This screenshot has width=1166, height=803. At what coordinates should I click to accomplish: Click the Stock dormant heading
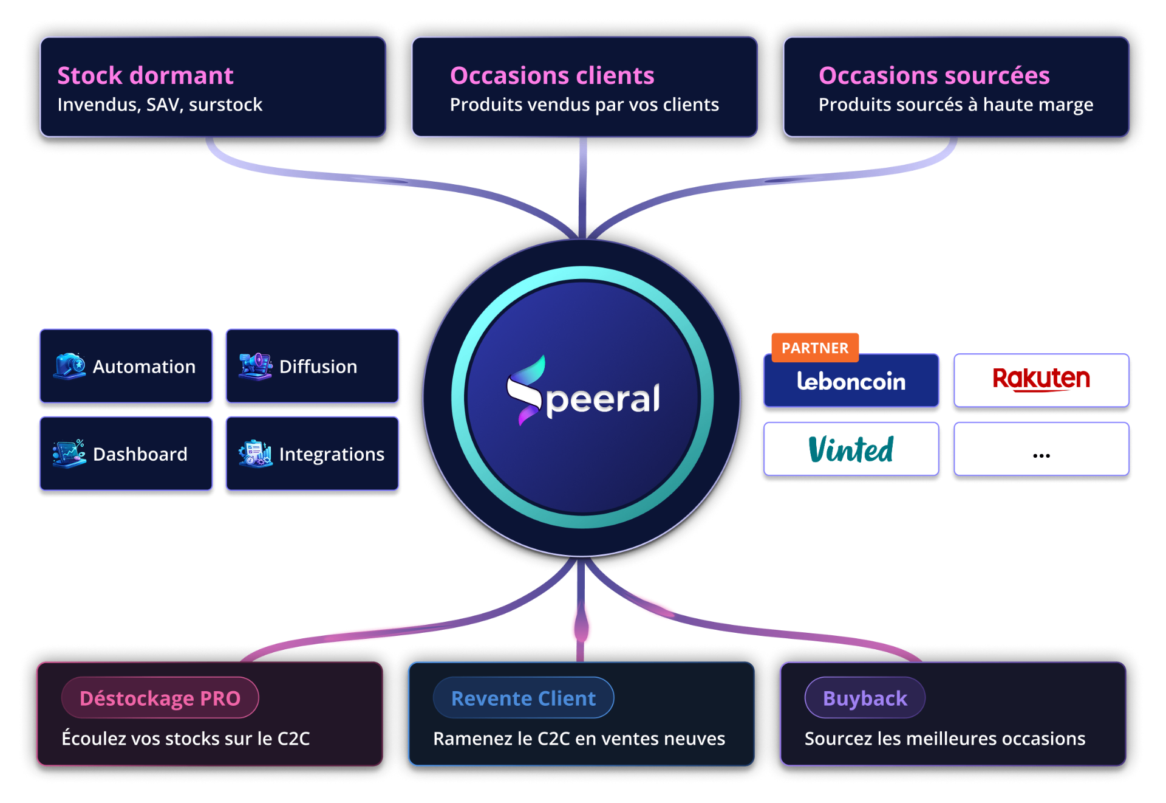pos(145,76)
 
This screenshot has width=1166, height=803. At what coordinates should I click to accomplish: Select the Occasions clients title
pos(551,76)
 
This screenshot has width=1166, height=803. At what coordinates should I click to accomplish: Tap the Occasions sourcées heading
pos(933,76)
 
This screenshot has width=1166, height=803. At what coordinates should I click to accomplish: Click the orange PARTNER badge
pos(814,348)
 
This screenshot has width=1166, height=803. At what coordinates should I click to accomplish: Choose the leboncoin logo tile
pos(851,381)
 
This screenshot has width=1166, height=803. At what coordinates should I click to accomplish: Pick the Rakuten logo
pos(1041,379)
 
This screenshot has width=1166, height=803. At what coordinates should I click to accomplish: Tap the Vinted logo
pos(851,450)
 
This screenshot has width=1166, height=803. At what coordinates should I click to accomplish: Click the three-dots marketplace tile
pos(1041,450)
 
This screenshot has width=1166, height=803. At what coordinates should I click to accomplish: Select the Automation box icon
pos(69,366)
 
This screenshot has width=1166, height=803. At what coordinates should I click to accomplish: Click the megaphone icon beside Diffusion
pos(255,366)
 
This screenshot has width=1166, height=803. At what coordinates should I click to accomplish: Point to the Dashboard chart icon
pos(69,453)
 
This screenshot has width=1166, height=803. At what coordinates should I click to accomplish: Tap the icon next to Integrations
pos(255,453)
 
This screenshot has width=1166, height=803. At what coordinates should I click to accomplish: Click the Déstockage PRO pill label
pos(160,698)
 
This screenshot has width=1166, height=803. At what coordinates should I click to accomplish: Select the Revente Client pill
pos(523,698)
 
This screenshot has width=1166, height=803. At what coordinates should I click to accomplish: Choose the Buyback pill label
pos(864,698)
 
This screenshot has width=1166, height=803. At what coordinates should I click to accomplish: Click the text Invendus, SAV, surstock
pos(160,105)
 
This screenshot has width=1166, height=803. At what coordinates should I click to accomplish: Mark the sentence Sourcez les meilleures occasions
pos(944,739)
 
